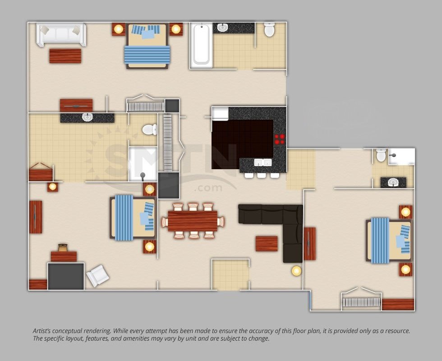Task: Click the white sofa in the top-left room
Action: click(61, 34)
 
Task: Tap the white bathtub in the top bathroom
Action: click(201, 45)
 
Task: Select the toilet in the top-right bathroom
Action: click(269, 29)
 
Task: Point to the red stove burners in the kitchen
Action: click(280, 139)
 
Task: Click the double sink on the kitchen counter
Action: click(262, 162)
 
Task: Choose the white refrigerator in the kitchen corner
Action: click(220, 113)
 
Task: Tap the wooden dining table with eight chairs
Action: click(193, 221)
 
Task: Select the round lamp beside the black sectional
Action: click(296, 271)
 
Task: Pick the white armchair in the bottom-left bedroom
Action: click(98, 275)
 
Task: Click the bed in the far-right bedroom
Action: click(388, 240)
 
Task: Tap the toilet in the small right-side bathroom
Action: click(381, 155)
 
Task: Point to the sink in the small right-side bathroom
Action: click(393, 182)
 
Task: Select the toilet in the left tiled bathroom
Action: click(148, 130)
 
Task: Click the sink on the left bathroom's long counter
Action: click(87, 118)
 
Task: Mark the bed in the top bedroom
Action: click(147, 46)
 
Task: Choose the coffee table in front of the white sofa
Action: click(65, 56)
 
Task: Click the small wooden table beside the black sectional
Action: click(267, 244)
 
